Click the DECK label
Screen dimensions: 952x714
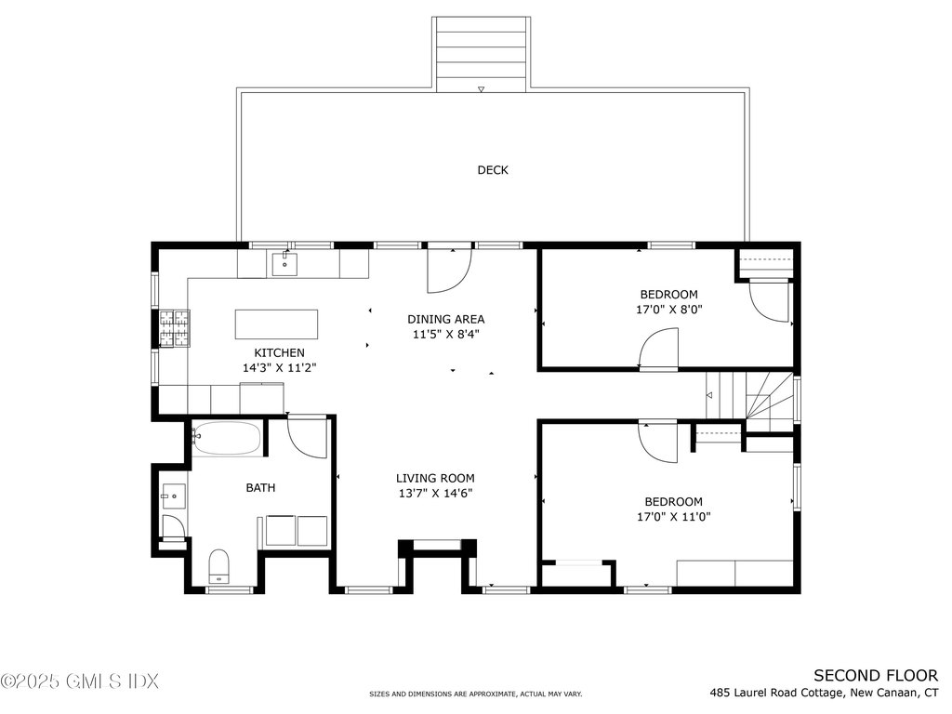pos(493,170)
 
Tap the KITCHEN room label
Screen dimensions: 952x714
pos(279,352)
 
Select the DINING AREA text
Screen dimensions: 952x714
pos(445,319)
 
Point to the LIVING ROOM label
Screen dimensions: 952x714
pos(435,479)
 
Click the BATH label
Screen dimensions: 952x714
pos(260,487)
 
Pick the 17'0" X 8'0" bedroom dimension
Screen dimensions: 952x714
pos(669,309)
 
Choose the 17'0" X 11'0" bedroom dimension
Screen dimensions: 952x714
pos(673,517)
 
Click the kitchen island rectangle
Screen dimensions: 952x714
pos(276,324)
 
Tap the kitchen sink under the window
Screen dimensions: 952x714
pos(284,264)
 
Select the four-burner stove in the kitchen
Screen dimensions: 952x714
pos(175,328)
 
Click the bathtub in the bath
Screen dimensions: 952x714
pos(228,439)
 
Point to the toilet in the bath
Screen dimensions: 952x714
pos(218,566)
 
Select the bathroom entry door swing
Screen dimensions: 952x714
pos(307,439)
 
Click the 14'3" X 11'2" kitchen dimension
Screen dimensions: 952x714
pos(279,368)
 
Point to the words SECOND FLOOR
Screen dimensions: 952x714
pos(876,675)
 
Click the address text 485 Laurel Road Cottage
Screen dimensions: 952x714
pos(776,693)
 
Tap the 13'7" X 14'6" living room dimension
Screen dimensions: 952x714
pos(435,494)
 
